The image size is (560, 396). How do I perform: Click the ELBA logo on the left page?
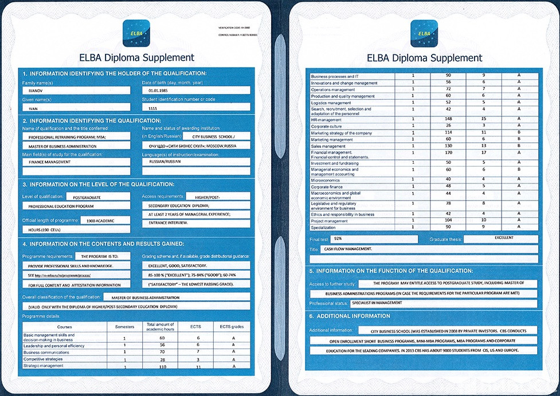click(136, 33)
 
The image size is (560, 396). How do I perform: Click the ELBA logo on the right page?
click(424, 33)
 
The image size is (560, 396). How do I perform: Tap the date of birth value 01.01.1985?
click(195, 91)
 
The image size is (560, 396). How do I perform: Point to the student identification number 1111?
click(195, 107)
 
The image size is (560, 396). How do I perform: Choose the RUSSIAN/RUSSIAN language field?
click(195, 162)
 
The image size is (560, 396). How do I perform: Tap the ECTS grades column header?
click(225, 327)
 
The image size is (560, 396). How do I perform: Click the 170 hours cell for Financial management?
click(449, 153)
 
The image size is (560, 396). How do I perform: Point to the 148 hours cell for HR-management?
click(449, 119)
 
